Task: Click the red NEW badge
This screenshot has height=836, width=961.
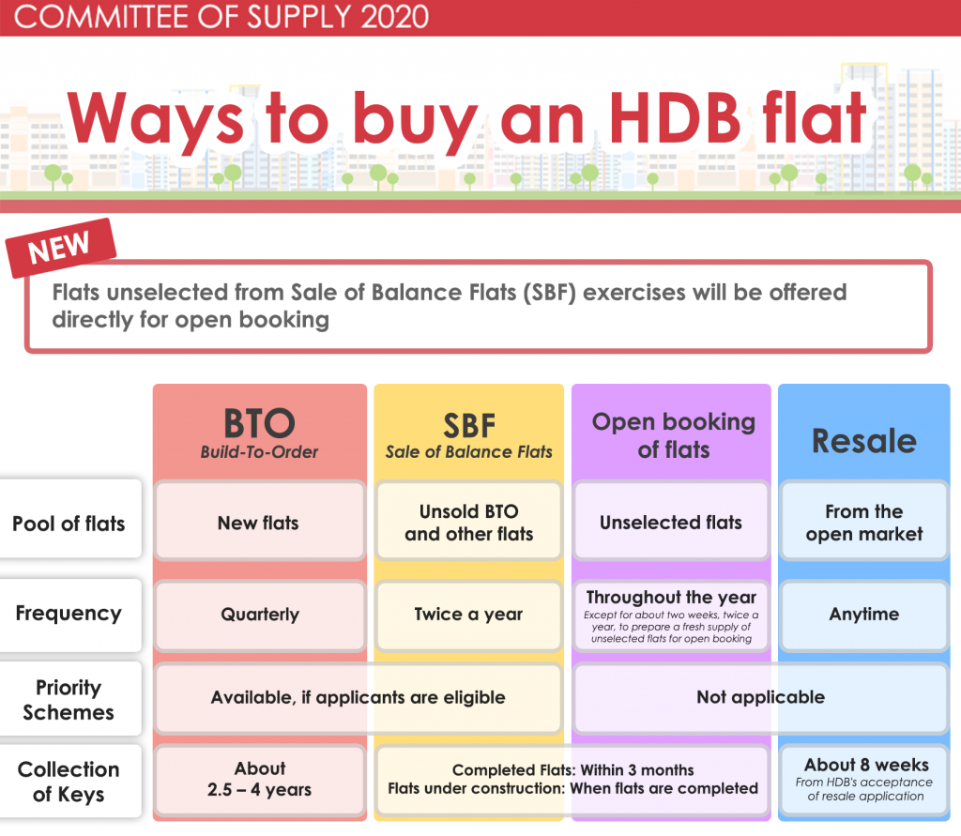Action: pyautogui.click(x=61, y=248)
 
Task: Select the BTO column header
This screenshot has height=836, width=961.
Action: pyautogui.click(x=259, y=433)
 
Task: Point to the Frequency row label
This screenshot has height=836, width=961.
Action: pyautogui.click(x=69, y=615)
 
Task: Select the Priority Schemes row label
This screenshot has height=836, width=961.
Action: pyautogui.click(x=69, y=699)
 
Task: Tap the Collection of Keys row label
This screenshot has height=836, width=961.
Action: pyautogui.click(x=69, y=781)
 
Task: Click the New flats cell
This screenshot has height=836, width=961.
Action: pyautogui.click(x=260, y=522)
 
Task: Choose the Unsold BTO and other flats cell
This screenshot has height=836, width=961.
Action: pyautogui.click(x=469, y=522)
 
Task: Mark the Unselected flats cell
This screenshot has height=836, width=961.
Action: pyautogui.click(x=671, y=522)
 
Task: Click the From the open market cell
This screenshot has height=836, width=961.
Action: pyautogui.click(x=864, y=522)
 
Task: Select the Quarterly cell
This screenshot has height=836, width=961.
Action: pyautogui.click(x=260, y=616)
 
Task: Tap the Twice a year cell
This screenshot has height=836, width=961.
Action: pyautogui.click(x=469, y=616)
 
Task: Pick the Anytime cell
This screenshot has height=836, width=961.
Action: pyautogui.click(x=864, y=616)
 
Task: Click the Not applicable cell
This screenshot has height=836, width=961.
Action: pyautogui.click(x=760, y=698)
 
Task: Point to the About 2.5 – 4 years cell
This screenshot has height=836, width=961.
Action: pyautogui.click(x=260, y=780)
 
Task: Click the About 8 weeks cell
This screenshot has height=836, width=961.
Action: pyautogui.click(x=864, y=780)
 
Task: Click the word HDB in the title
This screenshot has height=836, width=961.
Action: pyautogui.click(x=676, y=118)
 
